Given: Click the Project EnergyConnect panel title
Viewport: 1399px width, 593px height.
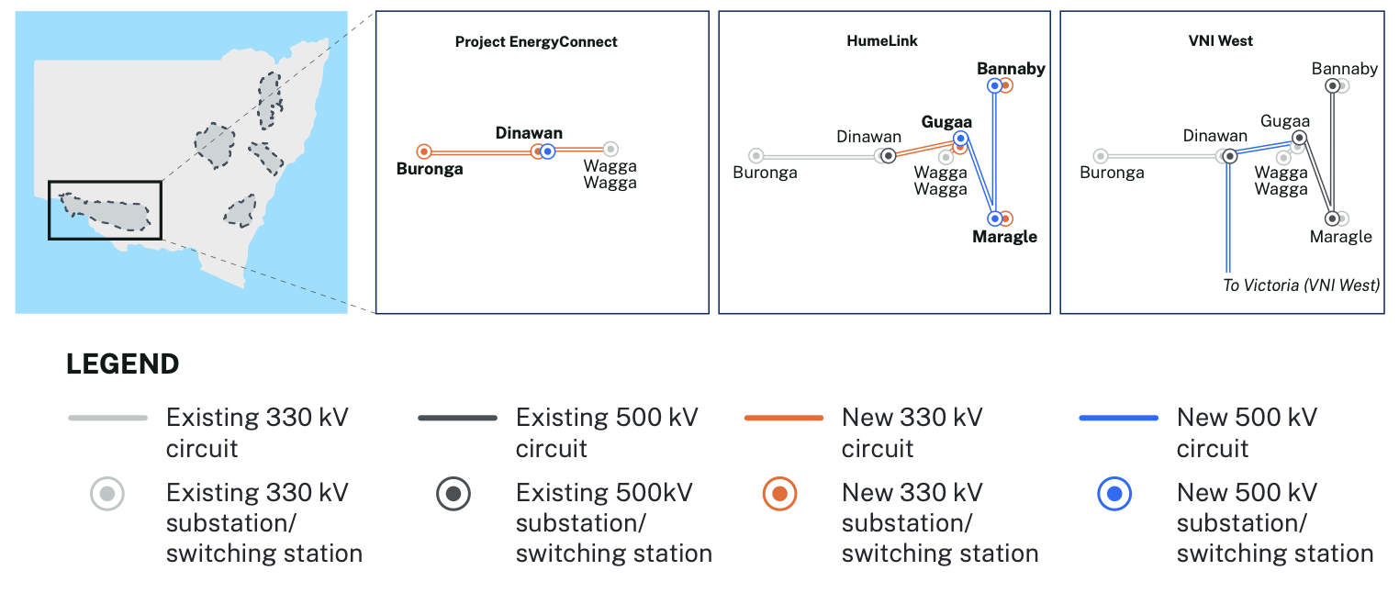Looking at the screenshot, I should (x=536, y=42).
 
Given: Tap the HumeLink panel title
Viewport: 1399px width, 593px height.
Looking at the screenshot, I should (x=882, y=41).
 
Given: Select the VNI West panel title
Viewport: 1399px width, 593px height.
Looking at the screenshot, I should (x=1220, y=41).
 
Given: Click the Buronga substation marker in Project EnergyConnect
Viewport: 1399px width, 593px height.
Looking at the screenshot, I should (x=424, y=151).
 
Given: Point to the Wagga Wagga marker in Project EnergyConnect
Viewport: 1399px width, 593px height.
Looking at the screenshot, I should (x=610, y=149).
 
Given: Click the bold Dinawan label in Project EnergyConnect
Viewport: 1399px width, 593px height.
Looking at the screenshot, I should (x=529, y=133).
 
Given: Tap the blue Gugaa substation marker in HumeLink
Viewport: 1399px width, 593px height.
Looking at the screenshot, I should (x=960, y=138).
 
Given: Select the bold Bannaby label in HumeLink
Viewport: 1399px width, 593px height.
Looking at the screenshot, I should (x=1011, y=69).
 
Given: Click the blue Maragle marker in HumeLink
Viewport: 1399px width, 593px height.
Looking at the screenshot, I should (x=994, y=218).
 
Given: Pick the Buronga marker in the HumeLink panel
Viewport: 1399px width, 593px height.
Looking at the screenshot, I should (x=755, y=156).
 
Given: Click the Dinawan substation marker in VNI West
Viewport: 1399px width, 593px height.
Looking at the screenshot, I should (x=1229, y=156).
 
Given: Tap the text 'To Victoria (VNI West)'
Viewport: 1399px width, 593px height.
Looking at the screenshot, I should (x=1301, y=285).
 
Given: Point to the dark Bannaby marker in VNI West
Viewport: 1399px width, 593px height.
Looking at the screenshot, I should (x=1332, y=85).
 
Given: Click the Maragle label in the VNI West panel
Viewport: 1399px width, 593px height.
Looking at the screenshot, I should (x=1341, y=237).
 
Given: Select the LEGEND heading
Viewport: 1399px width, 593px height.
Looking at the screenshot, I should (x=122, y=364).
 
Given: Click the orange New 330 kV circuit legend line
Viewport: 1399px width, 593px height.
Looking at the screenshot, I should (x=783, y=419).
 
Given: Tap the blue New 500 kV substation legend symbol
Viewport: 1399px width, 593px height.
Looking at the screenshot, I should (x=1114, y=495).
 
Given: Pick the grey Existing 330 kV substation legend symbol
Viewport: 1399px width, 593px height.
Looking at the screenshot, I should (x=107, y=495).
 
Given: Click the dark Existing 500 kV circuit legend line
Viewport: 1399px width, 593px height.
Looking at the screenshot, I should (x=457, y=419).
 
